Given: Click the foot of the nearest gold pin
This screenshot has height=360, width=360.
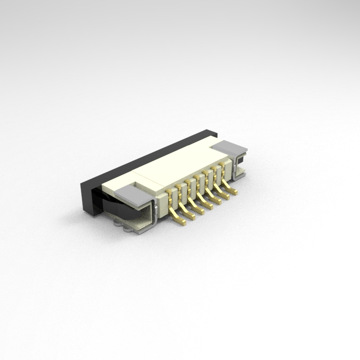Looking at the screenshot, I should point(182,222).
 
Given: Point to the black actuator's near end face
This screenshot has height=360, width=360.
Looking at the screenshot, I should point(90,197).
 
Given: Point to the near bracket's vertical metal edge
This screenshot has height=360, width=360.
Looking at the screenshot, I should point(155,211).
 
